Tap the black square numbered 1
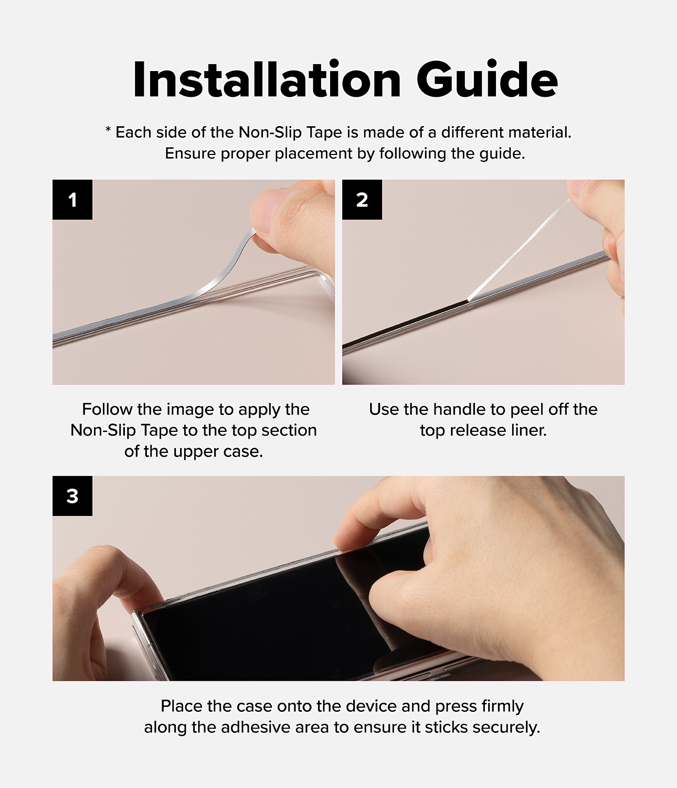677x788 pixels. pyautogui.click(x=72, y=200)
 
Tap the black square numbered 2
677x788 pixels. pyautogui.click(x=362, y=200)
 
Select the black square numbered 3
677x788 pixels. pyautogui.click(x=72, y=495)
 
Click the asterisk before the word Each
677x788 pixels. pyautogui.click(x=108, y=130)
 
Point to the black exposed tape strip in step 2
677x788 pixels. pyautogui.click(x=406, y=324)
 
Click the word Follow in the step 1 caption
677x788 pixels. pyautogui.click(x=108, y=409)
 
